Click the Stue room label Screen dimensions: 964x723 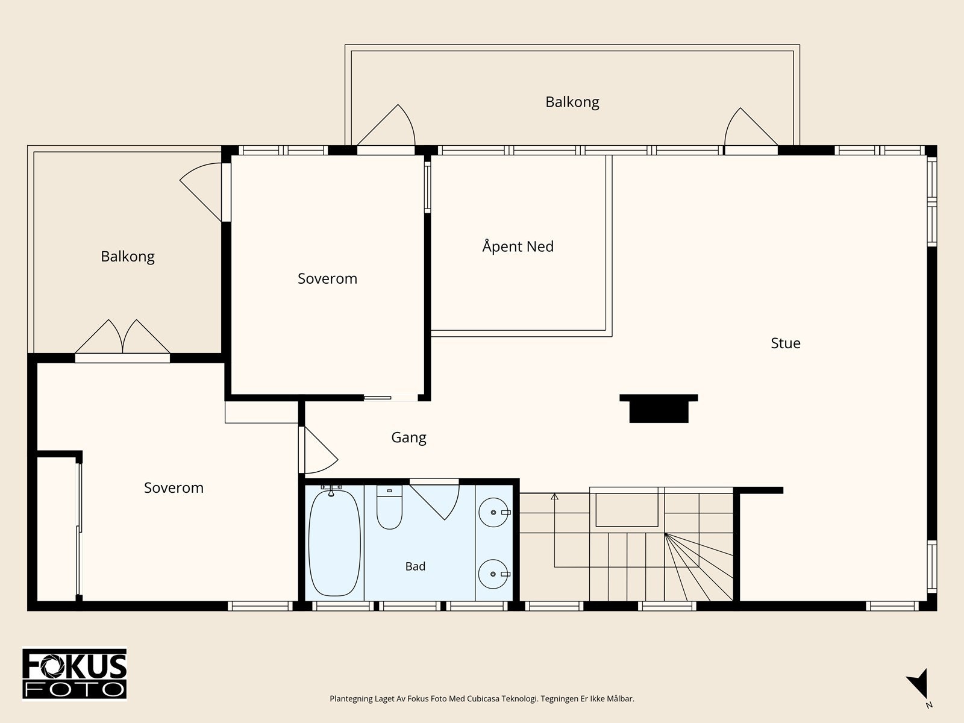tap(785, 343)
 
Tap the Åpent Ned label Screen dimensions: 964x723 tap(518, 246)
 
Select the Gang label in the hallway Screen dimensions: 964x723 tap(408, 437)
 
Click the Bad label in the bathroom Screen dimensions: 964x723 tap(415, 566)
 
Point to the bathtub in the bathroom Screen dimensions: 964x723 tap(334, 543)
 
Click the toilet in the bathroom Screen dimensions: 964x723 tap(389, 507)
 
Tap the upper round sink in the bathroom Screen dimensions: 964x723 tap(493, 512)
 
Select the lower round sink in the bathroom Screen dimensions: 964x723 tap(493, 574)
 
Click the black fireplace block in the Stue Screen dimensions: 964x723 tap(659, 408)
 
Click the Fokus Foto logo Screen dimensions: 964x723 tap(75, 674)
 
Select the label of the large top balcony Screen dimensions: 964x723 tap(572, 102)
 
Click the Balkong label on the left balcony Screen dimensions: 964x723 tap(128, 257)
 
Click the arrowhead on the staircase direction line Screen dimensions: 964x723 tap(555, 497)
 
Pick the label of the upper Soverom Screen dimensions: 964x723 tap(327, 279)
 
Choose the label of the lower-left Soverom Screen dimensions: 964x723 tap(174, 487)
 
